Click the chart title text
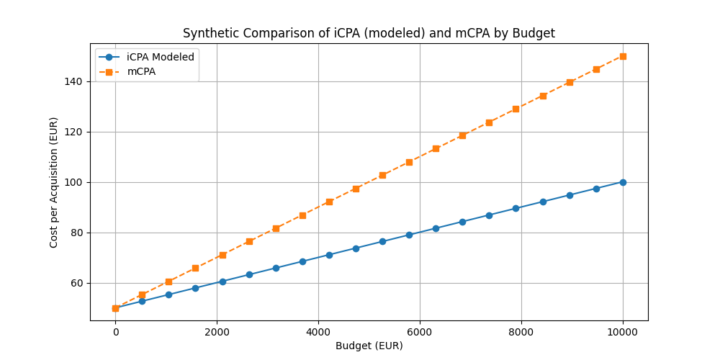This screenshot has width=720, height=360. [369, 33]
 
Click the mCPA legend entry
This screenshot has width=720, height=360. [141, 71]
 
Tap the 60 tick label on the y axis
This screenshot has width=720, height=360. [78, 283]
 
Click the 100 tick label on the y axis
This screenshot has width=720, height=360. [75, 182]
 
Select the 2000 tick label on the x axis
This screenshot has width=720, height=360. [217, 332]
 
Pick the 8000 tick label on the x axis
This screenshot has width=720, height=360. [521, 332]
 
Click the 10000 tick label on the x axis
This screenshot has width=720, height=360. [623, 332]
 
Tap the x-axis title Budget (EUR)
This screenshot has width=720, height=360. [369, 346]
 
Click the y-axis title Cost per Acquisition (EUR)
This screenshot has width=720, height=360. [54, 182]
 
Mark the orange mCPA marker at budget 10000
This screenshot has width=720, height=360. [623, 56]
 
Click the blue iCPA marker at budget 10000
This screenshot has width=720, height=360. [623, 182]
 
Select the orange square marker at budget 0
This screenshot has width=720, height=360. [115, 308]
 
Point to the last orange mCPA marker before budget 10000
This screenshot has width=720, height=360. [596, 69]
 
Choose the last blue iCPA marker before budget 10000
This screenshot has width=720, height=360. [596, 189]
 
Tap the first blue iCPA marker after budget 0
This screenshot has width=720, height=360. [142, 301]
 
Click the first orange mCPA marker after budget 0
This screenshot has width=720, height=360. [142, 294]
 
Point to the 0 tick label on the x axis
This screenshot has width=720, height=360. [115, 332]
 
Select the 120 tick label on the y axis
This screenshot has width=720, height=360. [75, 132]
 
